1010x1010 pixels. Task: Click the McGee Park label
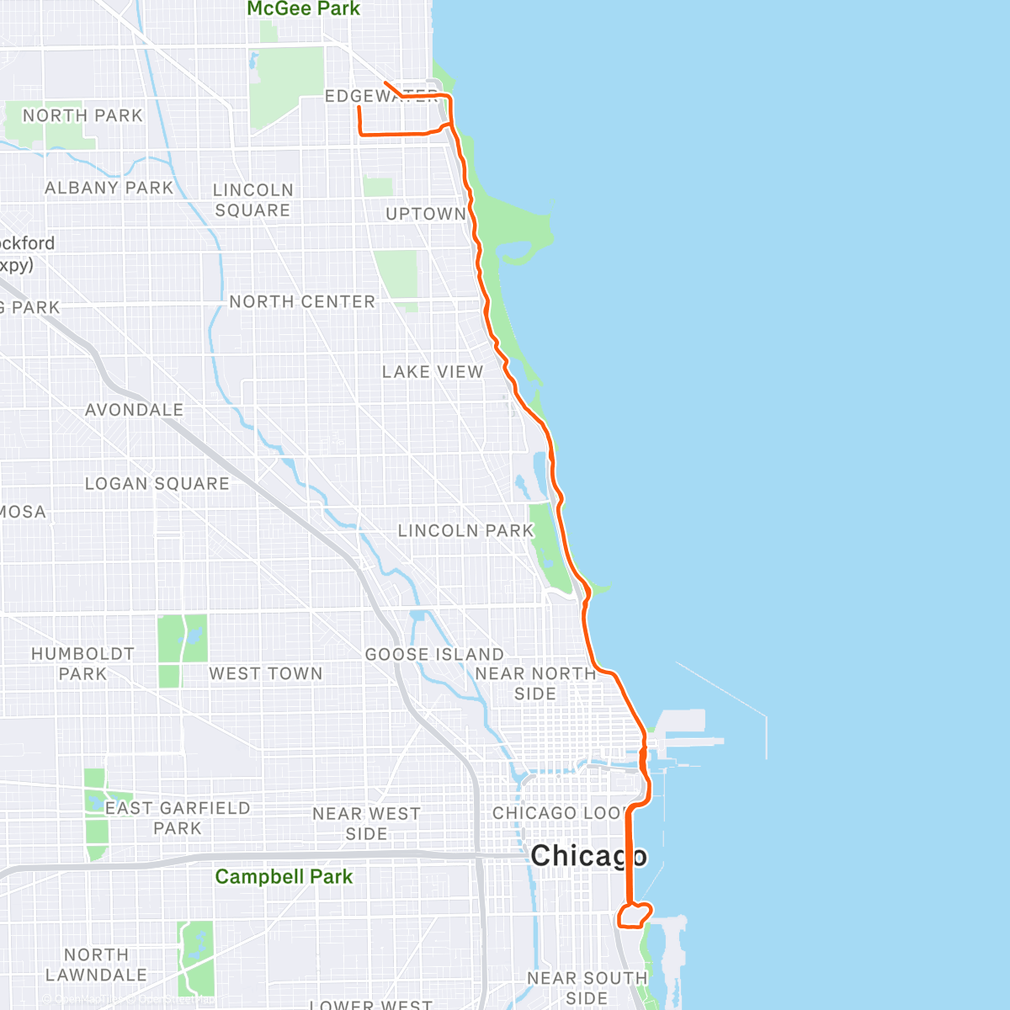pyautogui.click(x=303, y=9)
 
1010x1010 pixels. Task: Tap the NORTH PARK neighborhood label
pyautogui.click(x=82, y=115)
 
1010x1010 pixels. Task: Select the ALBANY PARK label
pyautogui.click(x=109, y=188)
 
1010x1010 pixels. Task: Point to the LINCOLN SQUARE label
pyautogui.click(x=252, y=200)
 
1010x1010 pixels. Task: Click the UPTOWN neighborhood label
pyautogui.click(x=425, y=214)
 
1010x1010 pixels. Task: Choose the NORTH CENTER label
pyautogui.click(x=302, y=301)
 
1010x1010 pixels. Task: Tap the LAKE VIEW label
pyautogui.click(x=433, y=371)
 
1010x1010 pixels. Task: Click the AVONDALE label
pyautogui.click(x=134, y=410)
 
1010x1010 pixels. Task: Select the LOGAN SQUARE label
pyautogui.click(x=157, y=484)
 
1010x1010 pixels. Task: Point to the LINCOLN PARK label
pyautogui.click(x=465, y=531)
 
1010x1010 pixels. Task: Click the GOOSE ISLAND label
pyautogui.click(x=434, y=654)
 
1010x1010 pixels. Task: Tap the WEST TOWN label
pyautogui.click(x=266, y=673)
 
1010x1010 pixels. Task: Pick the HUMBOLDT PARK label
pyautogui.click(x=82, y=663)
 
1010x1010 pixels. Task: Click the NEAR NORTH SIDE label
pyautogui.click(x=535, y=683)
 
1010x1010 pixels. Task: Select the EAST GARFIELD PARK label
pyautogui.click(x=178, y=818)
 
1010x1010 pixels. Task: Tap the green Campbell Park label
pyautogui.click(x=284, y=876)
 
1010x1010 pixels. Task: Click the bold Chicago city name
pyautogui.click(x=588, y=856)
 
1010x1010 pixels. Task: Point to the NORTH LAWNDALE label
pyautogui.click(x=96, y=965)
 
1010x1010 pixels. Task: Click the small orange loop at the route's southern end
pyautogui.click(x=635, y=915)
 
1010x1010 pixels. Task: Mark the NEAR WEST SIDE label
pyautogui.click(x=366, y=824)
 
